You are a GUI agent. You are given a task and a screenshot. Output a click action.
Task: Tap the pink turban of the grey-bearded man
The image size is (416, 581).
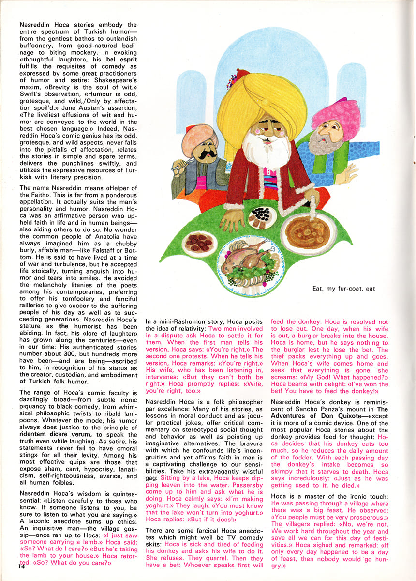tap(337, 116)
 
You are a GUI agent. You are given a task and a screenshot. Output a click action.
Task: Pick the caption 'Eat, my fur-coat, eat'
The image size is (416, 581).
tap(343, 289)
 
